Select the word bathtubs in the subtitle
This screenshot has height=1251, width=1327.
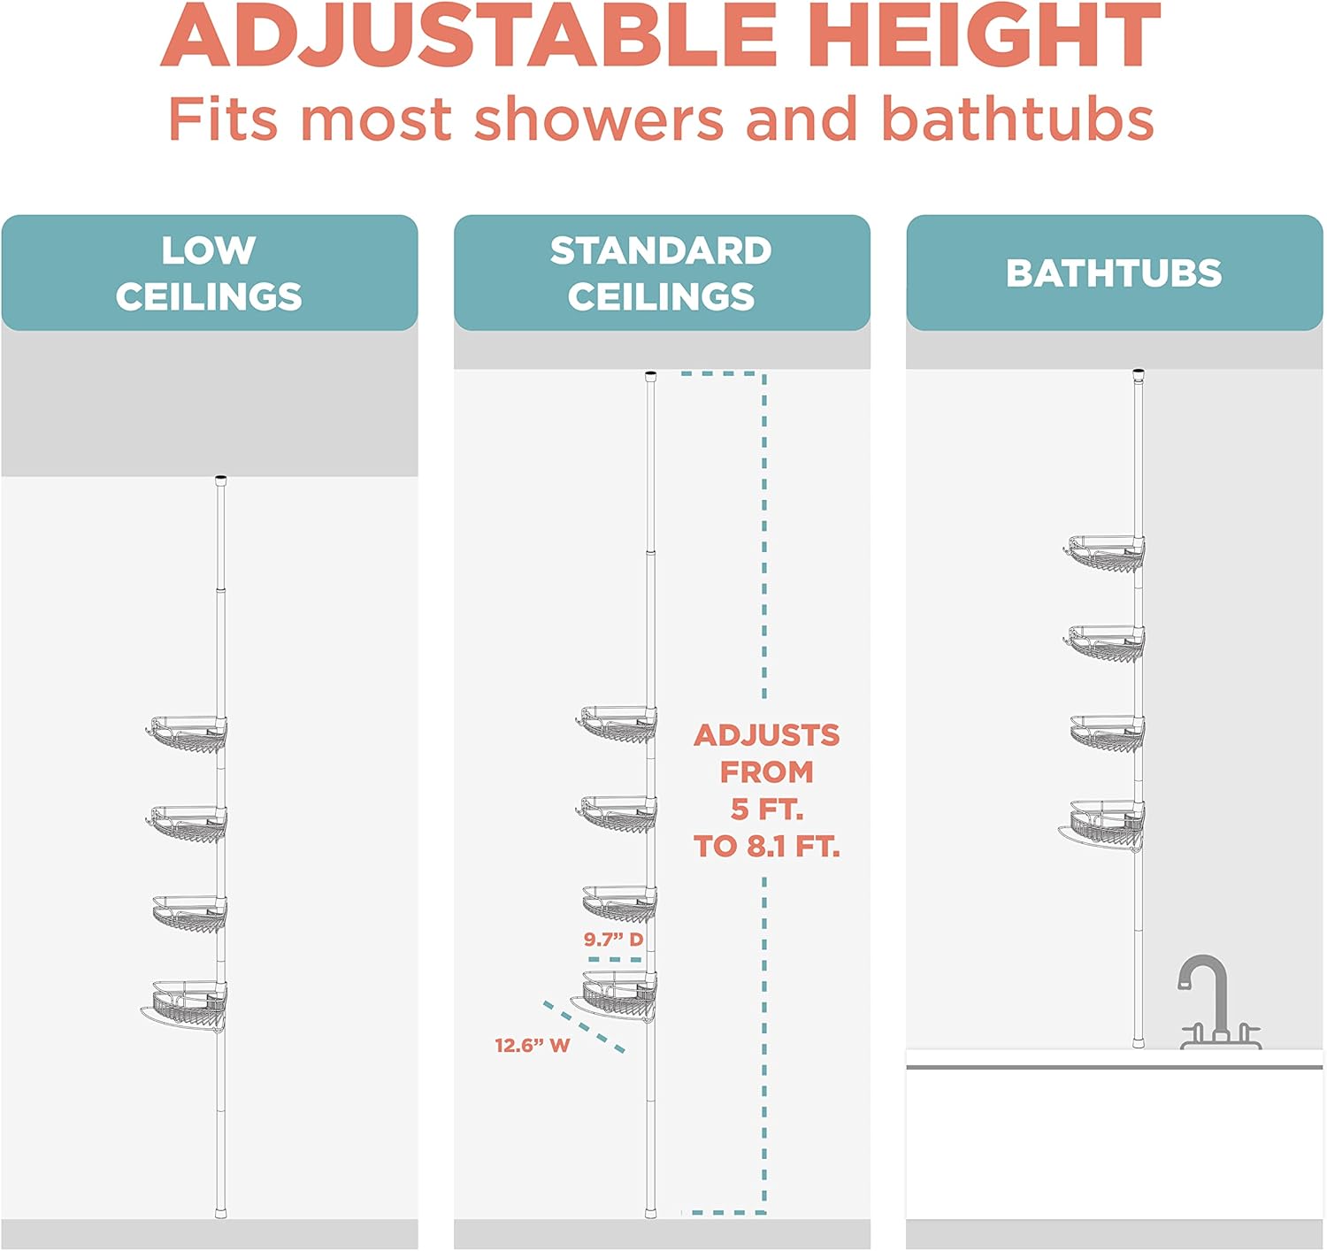[1017, 118]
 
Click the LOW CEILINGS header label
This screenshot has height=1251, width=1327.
[209, 272]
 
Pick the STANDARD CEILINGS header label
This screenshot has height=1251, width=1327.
[662, 272]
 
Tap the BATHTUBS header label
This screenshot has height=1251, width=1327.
[1114, 273]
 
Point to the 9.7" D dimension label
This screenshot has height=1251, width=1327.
[613, 939]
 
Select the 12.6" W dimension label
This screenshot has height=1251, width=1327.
[532, 1045]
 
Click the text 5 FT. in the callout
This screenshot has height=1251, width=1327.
[766, 809]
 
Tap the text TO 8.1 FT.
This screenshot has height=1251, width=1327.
[766, 846]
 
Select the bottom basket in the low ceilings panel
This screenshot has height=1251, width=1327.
[184, 1007]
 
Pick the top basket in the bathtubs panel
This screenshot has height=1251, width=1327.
[1104, 553]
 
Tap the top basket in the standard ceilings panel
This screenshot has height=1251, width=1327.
[616, 724]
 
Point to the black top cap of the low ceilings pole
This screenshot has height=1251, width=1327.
[220, 480]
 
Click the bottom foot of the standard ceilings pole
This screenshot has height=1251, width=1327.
[651, 1211]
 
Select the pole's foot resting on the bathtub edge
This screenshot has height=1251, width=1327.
[1139, 1042]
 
